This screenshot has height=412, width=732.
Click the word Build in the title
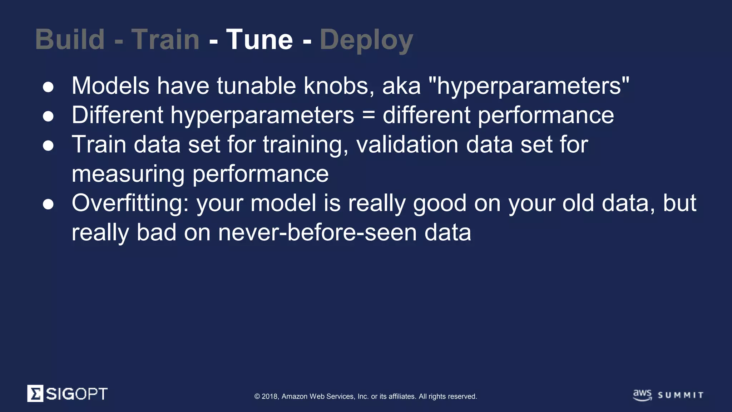click(70, 39)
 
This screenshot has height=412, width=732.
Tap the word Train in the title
click(165, 39)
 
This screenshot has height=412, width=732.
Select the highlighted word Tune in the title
click(259, 39)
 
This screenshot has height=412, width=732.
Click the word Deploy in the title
click(366, 40)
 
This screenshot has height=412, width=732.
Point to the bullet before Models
click(48, 87)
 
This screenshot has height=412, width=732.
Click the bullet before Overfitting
click(48, 204)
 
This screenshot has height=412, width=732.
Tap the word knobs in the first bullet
click(339, 86)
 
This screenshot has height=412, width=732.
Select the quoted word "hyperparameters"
click(528, 86)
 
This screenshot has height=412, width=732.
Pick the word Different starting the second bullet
click(117, 115)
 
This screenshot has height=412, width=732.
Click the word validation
click(407, 144)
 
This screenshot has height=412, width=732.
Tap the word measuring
click(128, 174)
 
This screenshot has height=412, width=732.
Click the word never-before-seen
click(317, 232)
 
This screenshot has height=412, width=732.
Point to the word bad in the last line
click(157, 232)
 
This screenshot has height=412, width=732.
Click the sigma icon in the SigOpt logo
click(35, 393)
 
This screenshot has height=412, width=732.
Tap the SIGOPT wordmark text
click(76, 394)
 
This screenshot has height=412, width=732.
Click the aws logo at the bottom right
click(642, 395)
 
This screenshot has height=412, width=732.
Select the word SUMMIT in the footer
click(681, 395)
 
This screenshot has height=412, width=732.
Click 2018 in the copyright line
click(269, 396)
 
